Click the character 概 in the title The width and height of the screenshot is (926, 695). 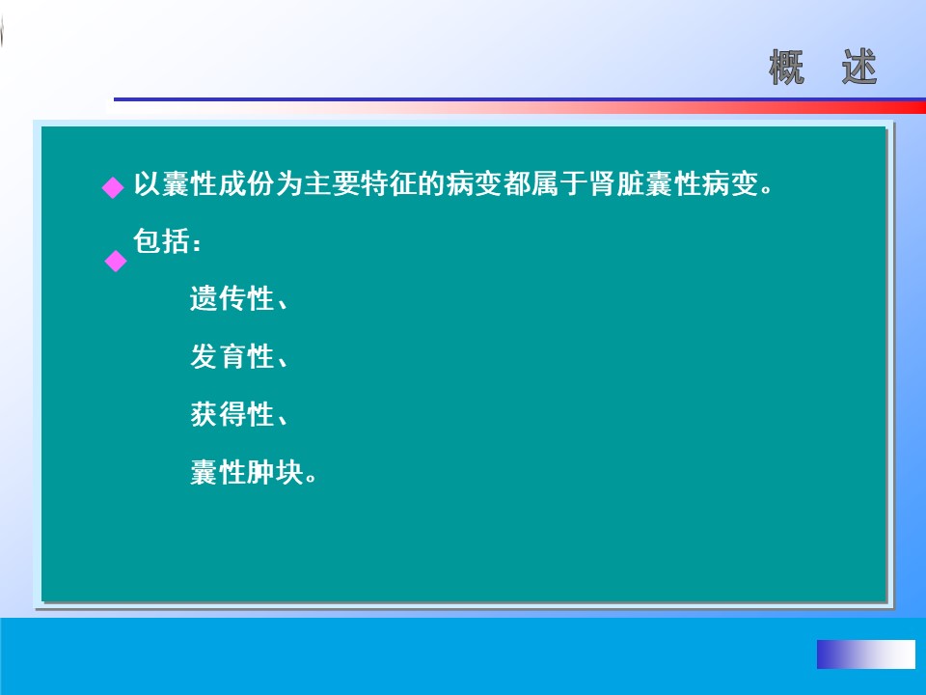(787, 68)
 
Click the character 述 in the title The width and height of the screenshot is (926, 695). (859, 68)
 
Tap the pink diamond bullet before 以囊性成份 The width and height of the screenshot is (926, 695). (113, 188)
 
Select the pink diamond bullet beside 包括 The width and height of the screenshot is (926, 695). (116, 261)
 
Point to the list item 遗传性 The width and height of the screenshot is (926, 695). (231, 298)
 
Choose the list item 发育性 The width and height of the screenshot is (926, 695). (231, 356)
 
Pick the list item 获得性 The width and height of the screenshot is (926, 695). (231, 414)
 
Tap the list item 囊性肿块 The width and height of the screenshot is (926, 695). (247, 472)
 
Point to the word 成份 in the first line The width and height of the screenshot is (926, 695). (247, 183)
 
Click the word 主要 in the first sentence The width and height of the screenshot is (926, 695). (333, 183)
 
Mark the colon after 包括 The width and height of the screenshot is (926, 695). (197, 243)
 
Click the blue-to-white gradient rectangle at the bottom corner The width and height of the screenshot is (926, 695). (866, 654)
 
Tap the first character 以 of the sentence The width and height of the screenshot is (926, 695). (147, 183)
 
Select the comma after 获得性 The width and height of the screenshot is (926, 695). (282, 419)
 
